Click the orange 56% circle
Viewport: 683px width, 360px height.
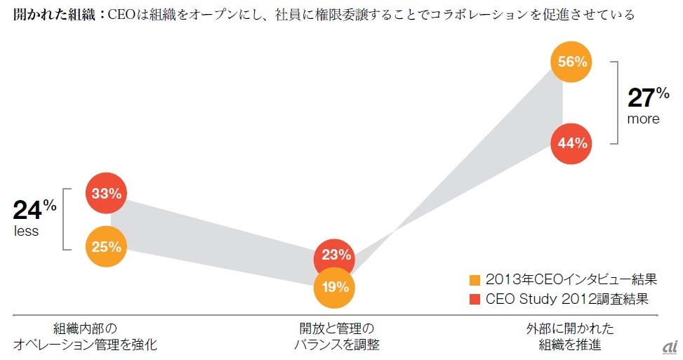(572, 62)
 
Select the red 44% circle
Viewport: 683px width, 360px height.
(572, 143)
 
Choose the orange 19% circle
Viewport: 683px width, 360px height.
(336, 286)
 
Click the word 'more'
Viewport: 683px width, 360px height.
(643, 119)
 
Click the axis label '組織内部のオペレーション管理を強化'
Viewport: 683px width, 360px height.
(85, 336)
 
